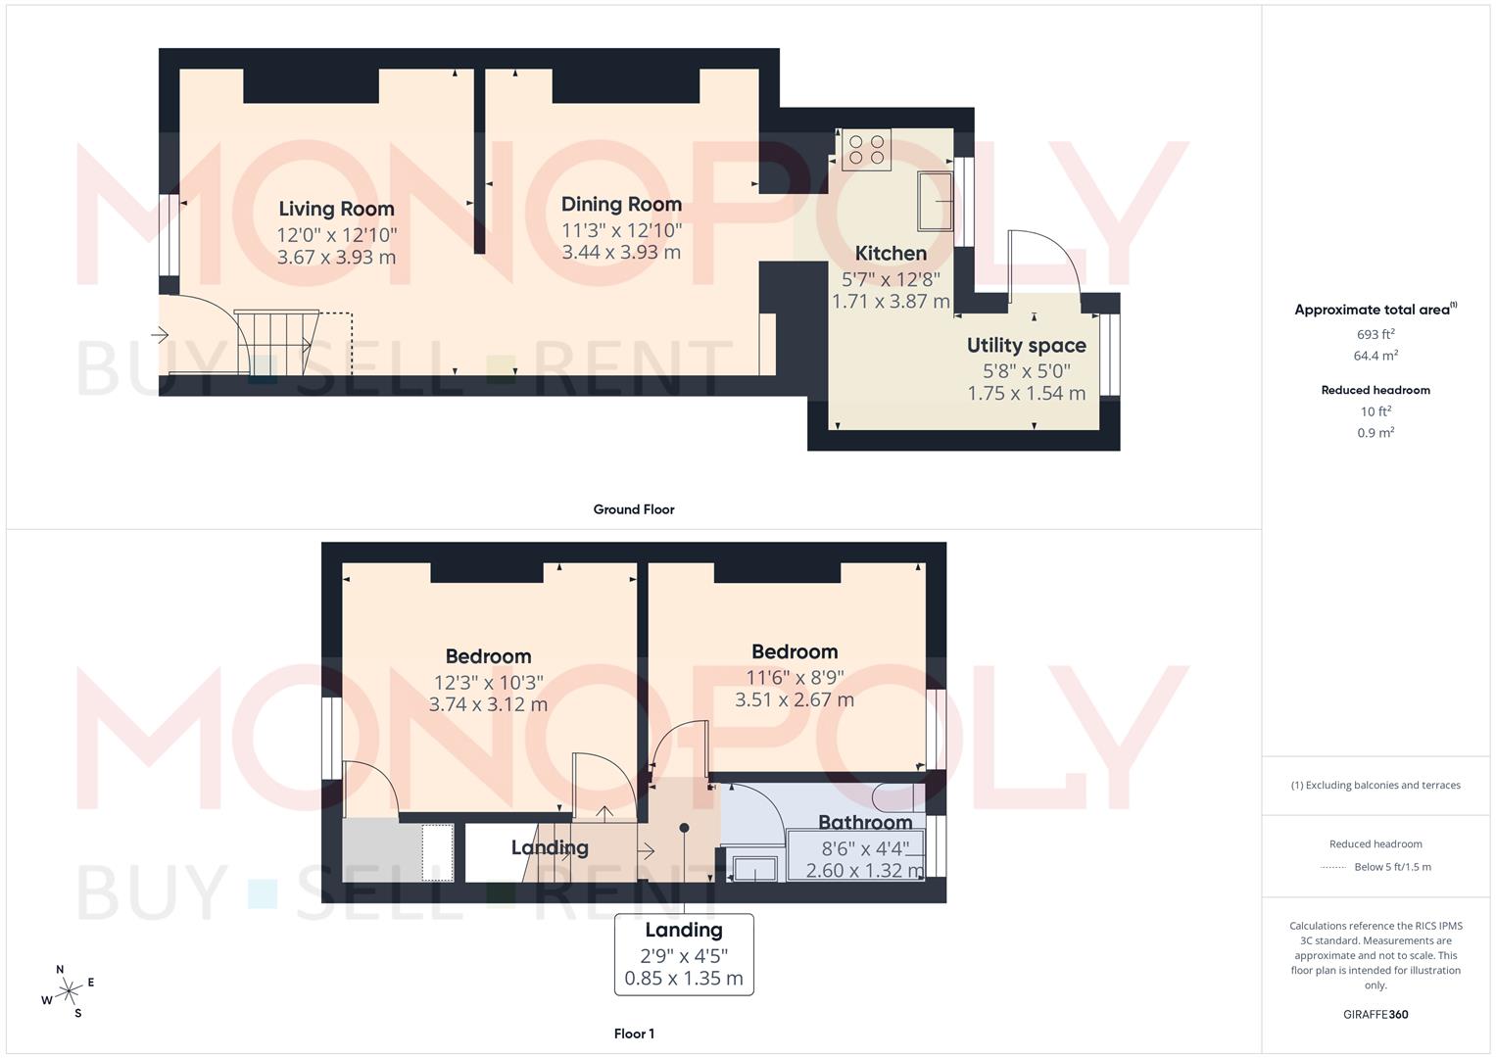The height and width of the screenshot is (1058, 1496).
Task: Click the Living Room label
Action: [x=336, y=209]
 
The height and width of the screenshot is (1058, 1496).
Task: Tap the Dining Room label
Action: [x=621, y=205]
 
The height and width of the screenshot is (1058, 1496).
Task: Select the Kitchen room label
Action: [x=891, y=254]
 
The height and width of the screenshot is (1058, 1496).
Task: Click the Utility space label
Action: [x=1026, y=346]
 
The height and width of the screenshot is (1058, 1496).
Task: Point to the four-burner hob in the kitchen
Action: [x=866, y=149]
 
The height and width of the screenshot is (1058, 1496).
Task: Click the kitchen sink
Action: [x=936, y=201]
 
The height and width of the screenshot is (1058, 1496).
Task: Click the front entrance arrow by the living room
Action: [x=161, y=335]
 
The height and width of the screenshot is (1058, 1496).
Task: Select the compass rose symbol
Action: [x=68, y=991]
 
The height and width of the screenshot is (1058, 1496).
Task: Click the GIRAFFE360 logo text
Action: [x=1375, y=1015]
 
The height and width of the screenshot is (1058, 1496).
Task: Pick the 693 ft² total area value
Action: [x=1375, y=334]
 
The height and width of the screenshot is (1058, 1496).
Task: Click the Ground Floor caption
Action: [x=634, y=509]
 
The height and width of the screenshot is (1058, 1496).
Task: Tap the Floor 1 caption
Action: [x=634, y=1034]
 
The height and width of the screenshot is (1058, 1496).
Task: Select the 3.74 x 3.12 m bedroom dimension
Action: [x=488, y=704]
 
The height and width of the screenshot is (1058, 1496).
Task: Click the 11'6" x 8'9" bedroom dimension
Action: [x=795, y=677]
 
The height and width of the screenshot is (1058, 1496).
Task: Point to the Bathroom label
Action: [x=865, y=823]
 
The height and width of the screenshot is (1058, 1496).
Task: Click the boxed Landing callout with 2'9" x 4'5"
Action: [x=684, y=954]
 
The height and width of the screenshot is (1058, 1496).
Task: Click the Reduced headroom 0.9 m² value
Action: [x=1375, y=433]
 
